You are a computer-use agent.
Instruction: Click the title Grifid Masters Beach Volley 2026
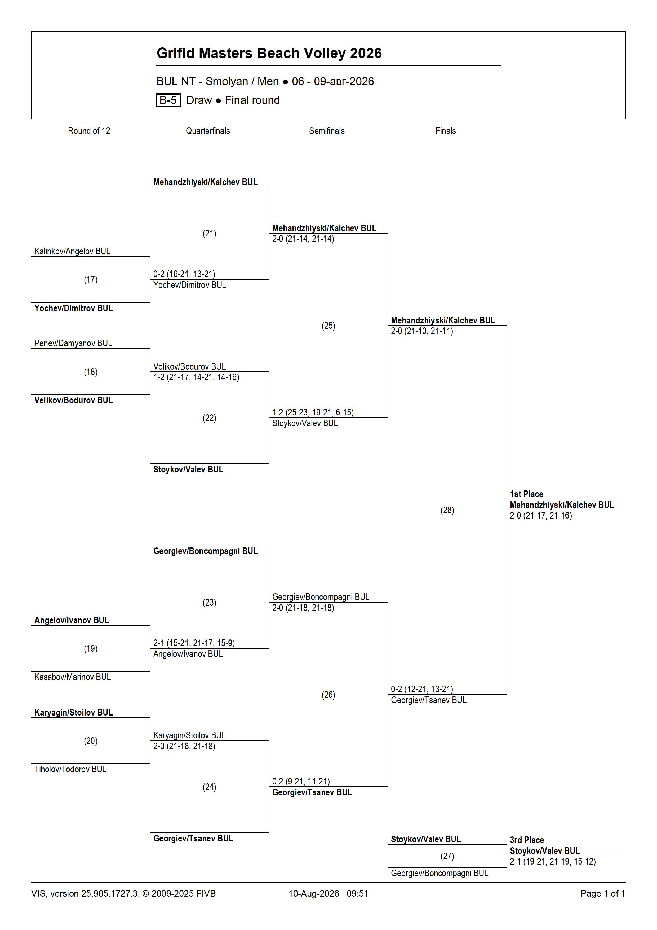click(269, 53)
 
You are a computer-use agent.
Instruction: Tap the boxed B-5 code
click(168, 100)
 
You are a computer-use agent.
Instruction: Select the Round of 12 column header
click(89, 131)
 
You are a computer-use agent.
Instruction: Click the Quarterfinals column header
click(208, 131)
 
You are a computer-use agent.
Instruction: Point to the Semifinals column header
click(327, 131)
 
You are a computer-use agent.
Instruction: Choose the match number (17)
click(91, 279)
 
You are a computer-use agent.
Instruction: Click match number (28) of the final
click(447, 510)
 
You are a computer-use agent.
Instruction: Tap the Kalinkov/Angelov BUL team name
click(72, 251)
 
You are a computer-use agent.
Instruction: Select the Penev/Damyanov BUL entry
click(73, 343)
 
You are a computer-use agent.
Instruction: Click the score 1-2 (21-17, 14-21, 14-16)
click(196, 377)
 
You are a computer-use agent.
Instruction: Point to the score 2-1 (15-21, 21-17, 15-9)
click(194, 643)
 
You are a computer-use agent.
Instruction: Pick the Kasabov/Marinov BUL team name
click(73, 677)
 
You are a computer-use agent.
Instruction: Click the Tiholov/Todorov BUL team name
click(70, 769)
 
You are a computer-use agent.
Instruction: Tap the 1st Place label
click(526, 494)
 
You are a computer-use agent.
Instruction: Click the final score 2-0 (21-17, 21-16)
click(541, 516)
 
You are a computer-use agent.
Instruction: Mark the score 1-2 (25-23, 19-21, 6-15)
click(313, 412)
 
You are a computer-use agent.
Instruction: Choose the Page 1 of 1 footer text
click(603, 893)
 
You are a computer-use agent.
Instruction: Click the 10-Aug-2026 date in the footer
click(314, 893)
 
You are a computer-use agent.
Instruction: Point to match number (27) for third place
click(447, 856)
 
